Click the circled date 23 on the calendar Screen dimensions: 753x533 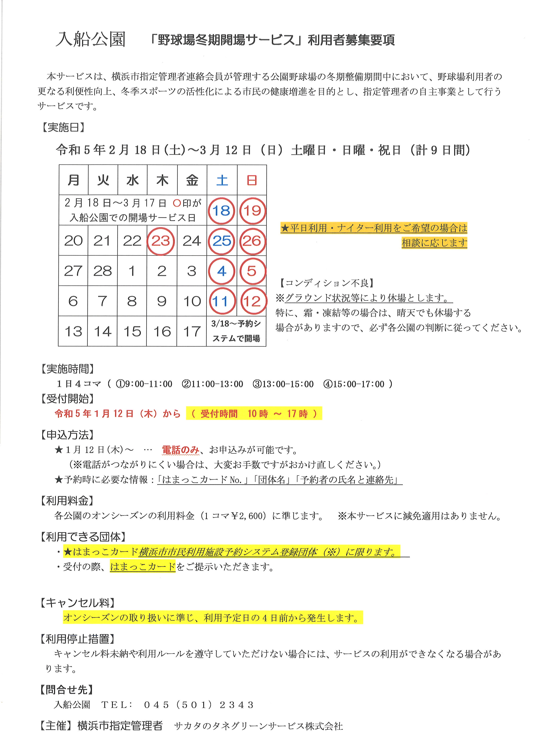161,241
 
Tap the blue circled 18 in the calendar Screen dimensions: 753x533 221,211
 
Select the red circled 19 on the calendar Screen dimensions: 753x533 252,211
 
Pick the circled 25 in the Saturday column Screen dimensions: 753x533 222,241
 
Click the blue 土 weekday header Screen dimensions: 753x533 222,180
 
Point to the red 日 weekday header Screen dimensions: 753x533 252,180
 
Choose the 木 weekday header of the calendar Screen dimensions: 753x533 162,180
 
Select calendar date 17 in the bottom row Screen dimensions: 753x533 192,332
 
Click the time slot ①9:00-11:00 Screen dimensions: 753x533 144,384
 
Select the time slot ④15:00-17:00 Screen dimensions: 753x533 354,384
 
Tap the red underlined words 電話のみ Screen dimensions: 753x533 181,450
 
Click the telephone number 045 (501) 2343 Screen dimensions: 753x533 199,705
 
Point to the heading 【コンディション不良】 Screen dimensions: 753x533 327,283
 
